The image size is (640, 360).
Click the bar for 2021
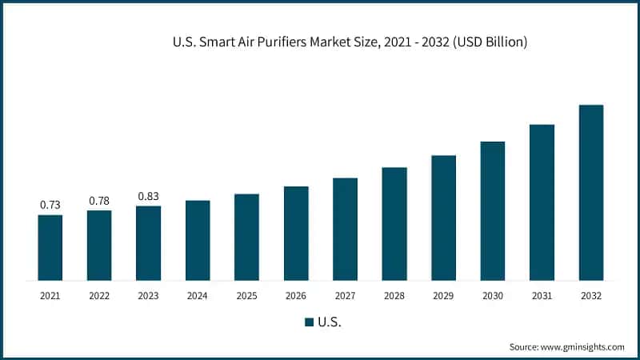click(x=50, y=248)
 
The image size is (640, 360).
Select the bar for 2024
click(x=198, y=241)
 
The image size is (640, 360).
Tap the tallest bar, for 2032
click(x=590, y=193)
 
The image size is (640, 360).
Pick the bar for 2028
click(x=394, y=224)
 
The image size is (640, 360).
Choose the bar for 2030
click(x=492, y=211)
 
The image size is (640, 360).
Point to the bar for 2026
click(x=296, y=234)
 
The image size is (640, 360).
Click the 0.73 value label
click(x=50, y=206)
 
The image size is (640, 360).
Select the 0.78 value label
click(x=99, y=201)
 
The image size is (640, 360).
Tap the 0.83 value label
click(x=148, y=196)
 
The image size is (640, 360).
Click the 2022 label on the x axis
click(x=99, y=296)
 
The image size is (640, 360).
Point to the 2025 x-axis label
click(x=246, y=296)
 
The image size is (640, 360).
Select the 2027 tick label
click(x=345, y=296)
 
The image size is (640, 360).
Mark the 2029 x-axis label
click(x=443, y=296)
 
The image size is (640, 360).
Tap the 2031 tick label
click(x=542, y=296)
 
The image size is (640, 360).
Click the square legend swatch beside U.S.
click(x=309, y=322)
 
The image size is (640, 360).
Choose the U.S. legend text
click(x=330, y=322)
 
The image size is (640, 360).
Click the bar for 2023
click(x=148, y=243)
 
